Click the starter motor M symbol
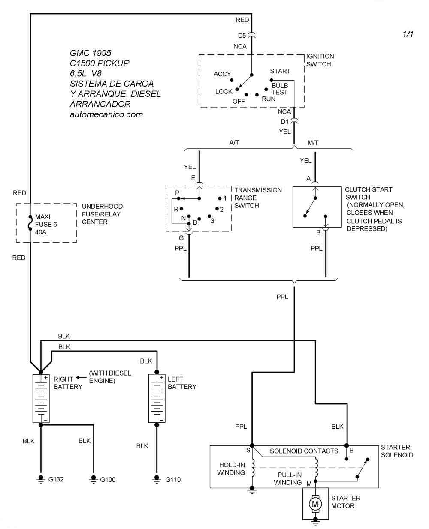tap(315, 502)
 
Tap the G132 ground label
tap(56, 479)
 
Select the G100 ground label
tap(108, 479)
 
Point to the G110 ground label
tap(173, 479)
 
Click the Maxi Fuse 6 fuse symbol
tap(30, 223)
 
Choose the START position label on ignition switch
tap(280, 71)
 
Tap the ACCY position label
tap(222, 74)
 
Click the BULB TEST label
tap(280, 89)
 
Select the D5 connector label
tap(242, 36)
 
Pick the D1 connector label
tap(285, 122)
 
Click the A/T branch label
tap(234, 143)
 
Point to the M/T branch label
tap(313, 143)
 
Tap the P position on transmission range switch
tap(177, 193)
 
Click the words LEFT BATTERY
tap(182, 383)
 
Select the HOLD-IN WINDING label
tap(232, 469)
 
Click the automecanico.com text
tap(106, 114)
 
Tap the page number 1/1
tap(408, 34)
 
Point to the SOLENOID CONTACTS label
tap(304, 451)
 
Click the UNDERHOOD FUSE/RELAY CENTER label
tap(102, 214)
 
